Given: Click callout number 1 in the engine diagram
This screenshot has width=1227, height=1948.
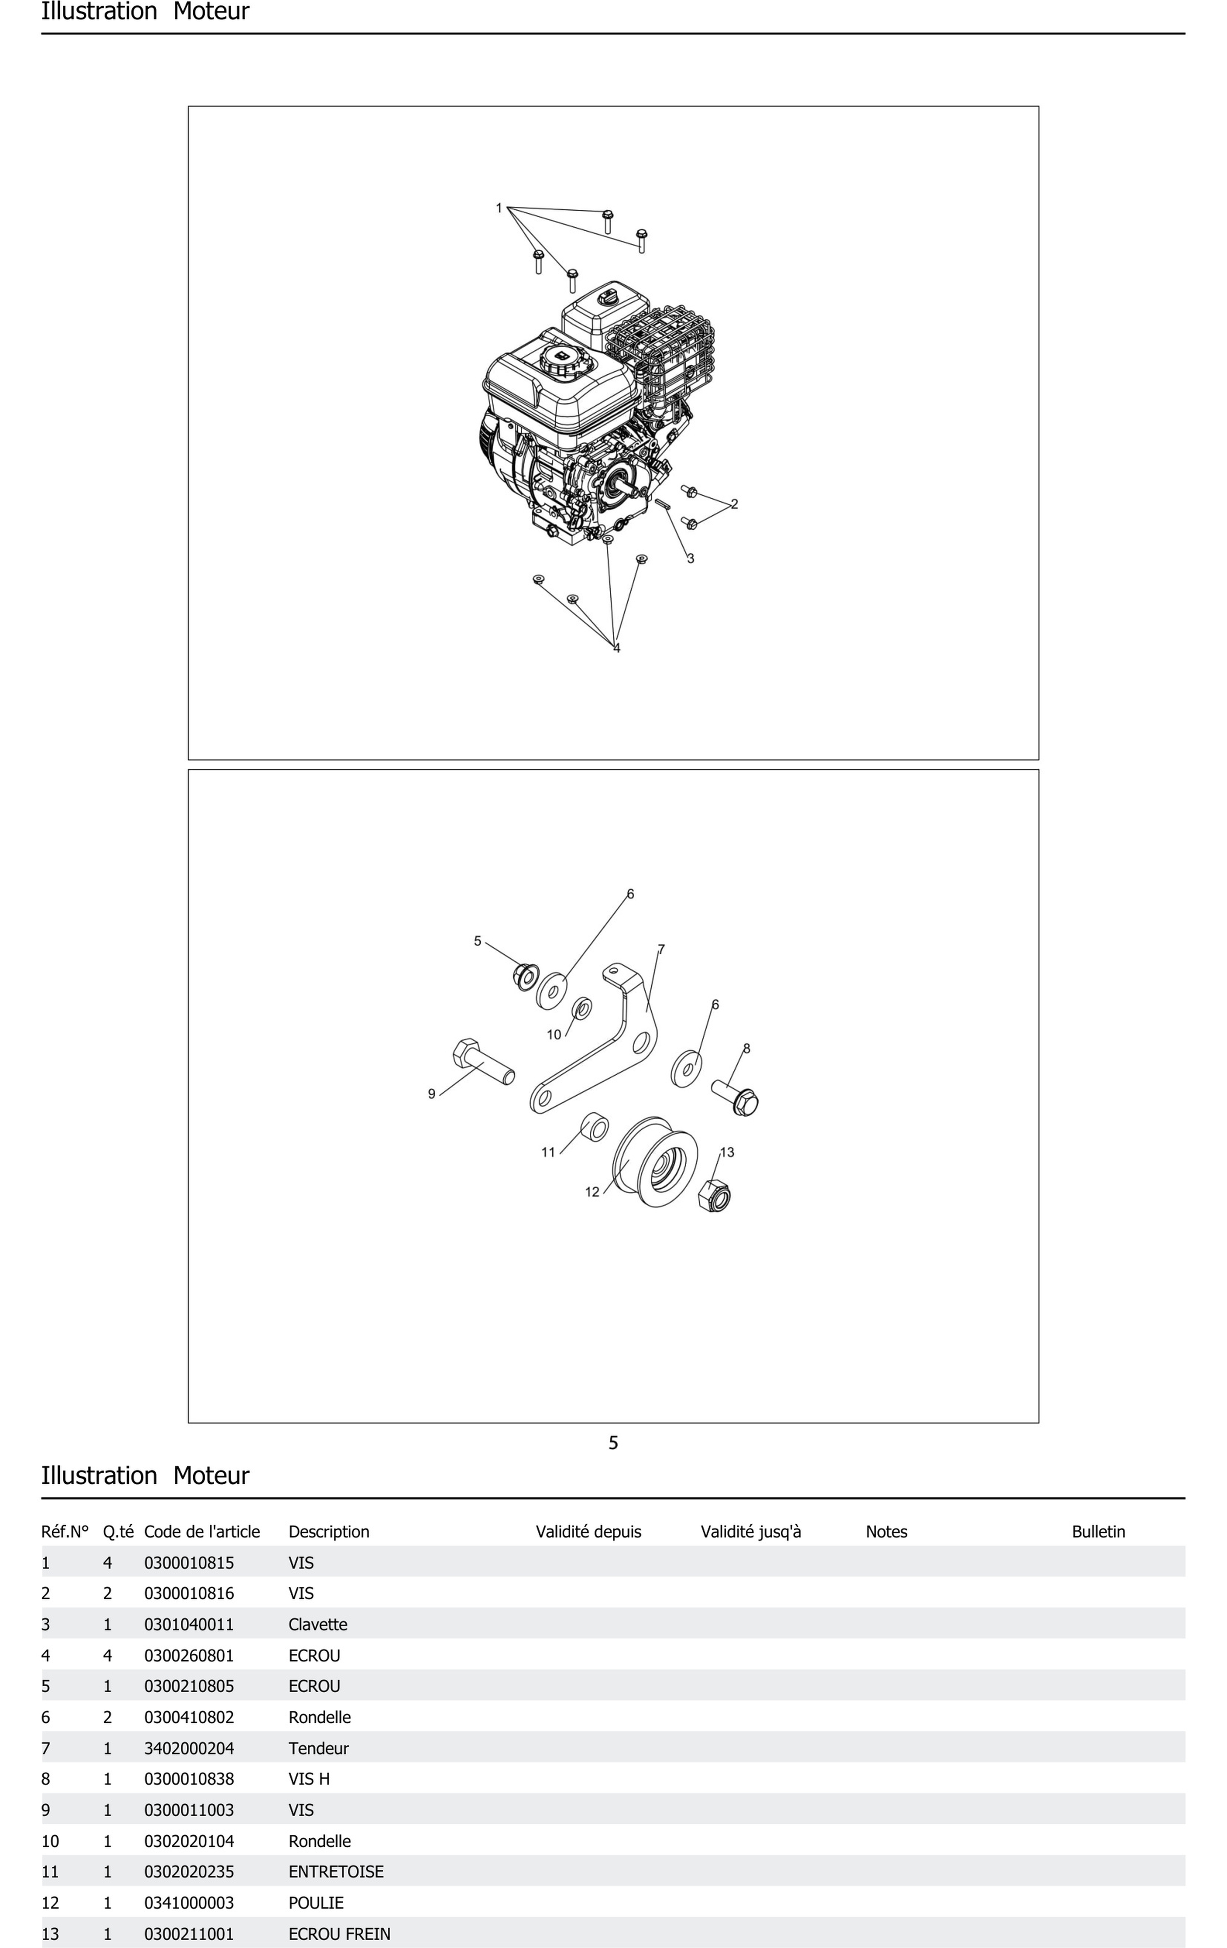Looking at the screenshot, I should coord(499,208).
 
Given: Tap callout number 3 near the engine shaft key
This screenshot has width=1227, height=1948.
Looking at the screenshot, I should coord(690,558).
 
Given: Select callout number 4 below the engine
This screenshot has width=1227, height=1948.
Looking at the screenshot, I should coord(616,648).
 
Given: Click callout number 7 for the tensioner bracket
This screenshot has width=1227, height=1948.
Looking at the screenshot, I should coord(661,949).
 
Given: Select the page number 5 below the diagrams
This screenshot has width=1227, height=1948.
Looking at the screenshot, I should coord(613,1442).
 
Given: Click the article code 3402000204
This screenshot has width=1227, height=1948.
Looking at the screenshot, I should coord(189,1748).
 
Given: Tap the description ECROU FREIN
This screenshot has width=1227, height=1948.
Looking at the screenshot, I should coord(339,1934).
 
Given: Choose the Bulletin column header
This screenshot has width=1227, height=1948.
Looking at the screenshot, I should coord(1097,1532).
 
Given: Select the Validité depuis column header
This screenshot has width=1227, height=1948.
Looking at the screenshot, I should coord(588,1532).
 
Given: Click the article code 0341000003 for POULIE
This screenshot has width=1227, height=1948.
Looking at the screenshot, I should coord(189,1903).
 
